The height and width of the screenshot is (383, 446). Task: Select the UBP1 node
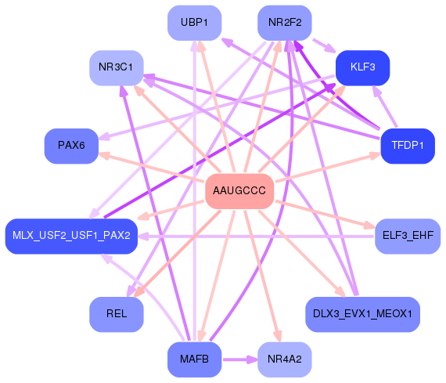(x=194, y=22)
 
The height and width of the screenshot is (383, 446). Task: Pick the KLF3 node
(x=362, y=67)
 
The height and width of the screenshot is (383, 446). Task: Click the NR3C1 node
(x=116, y=67)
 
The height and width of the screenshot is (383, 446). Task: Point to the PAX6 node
(x=71, y=146)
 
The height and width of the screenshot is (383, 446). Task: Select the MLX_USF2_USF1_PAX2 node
(x=71, y=236)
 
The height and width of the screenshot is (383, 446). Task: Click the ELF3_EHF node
(x=407, y=235)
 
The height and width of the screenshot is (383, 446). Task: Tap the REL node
(x=116, y=314)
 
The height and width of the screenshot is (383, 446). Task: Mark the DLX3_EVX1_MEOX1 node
(x=362, y=314)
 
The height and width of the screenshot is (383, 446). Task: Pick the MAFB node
(x=194, y=360)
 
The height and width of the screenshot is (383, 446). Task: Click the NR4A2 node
(x=284, y=360)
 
